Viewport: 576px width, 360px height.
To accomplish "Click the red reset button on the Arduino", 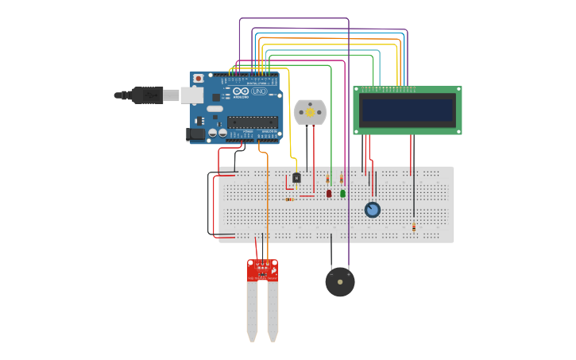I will coord(198,78).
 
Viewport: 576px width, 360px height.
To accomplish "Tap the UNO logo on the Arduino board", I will coord(259,91).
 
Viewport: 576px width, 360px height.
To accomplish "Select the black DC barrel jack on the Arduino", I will coord(195,134).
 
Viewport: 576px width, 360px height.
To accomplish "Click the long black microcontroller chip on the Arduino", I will coord(253,122).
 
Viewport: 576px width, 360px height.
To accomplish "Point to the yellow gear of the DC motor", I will coord(310,113).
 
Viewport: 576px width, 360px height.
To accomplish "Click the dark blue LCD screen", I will coord(408,110).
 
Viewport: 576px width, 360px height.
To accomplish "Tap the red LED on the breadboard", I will coord(329,193).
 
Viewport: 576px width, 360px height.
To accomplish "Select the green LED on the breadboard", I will coord(342,193).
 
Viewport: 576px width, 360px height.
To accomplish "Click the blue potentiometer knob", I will coord(372,210).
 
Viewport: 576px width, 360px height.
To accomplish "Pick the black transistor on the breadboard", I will coord(296,177).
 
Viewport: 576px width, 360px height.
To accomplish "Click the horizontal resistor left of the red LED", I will coord(290,199).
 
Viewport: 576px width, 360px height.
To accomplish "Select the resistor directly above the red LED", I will coord(327,179).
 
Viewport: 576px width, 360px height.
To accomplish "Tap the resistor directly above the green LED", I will coord(342,178).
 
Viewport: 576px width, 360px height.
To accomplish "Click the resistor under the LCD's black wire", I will coord(413,226).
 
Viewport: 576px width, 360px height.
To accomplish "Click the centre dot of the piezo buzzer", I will coord(340,282).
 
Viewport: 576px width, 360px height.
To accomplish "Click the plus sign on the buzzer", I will coord(348,274).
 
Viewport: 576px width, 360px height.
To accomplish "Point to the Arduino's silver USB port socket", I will coord(192,95).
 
